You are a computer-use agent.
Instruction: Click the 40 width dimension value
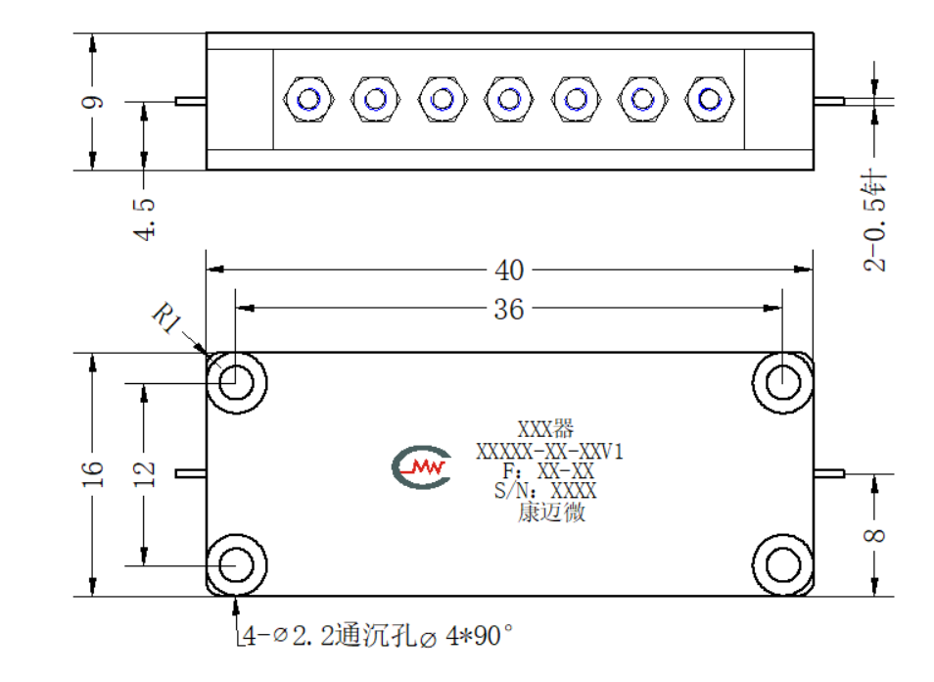pyautogui.click(x=509, y=270)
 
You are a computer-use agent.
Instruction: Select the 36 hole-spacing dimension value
pyautogui.click(x=509, y=310)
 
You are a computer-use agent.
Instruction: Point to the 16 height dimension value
pyautogui.click(x=93, y=474)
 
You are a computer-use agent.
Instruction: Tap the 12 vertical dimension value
pyautogui.click(x=144, y=474)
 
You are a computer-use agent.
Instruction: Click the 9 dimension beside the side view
pyautogui.click(x=93, y=102)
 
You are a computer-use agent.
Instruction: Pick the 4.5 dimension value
pyautogui.click(x=144, y=219)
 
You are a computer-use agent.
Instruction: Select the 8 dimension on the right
pyautogui.click(x=874, y=535)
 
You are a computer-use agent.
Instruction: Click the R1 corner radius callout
pyautogui.click(x=167, y=317)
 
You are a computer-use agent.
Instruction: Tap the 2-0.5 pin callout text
pyautogui.click(x=874, y=220)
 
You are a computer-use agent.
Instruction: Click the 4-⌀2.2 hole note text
pyautogui.click(x=378, y=636)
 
